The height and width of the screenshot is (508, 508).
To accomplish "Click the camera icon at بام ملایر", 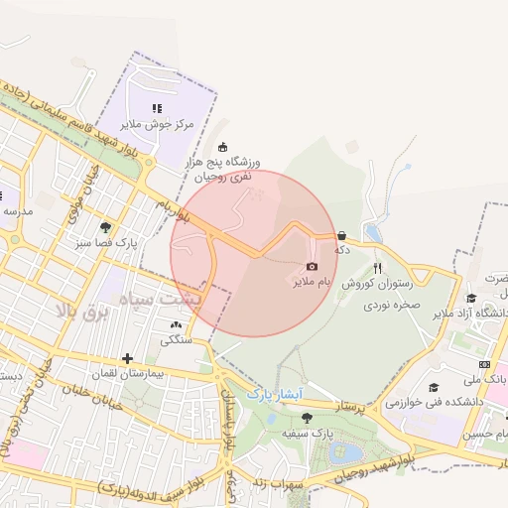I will click(312, 267).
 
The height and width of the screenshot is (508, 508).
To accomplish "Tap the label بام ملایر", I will click(312, 282).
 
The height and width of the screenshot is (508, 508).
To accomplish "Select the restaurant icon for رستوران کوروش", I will click(377, 268).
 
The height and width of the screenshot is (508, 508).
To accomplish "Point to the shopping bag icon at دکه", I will click(342, 236).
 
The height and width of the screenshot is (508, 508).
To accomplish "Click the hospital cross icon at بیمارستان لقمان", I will click(127, 358).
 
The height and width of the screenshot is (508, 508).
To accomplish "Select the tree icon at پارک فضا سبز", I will click(106, 227).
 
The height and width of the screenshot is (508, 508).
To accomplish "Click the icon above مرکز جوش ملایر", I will click(156, 108).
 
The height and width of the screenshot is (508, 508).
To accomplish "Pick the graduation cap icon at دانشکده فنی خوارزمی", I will click(434, 388).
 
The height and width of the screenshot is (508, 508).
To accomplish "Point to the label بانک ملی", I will click(487, 379).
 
